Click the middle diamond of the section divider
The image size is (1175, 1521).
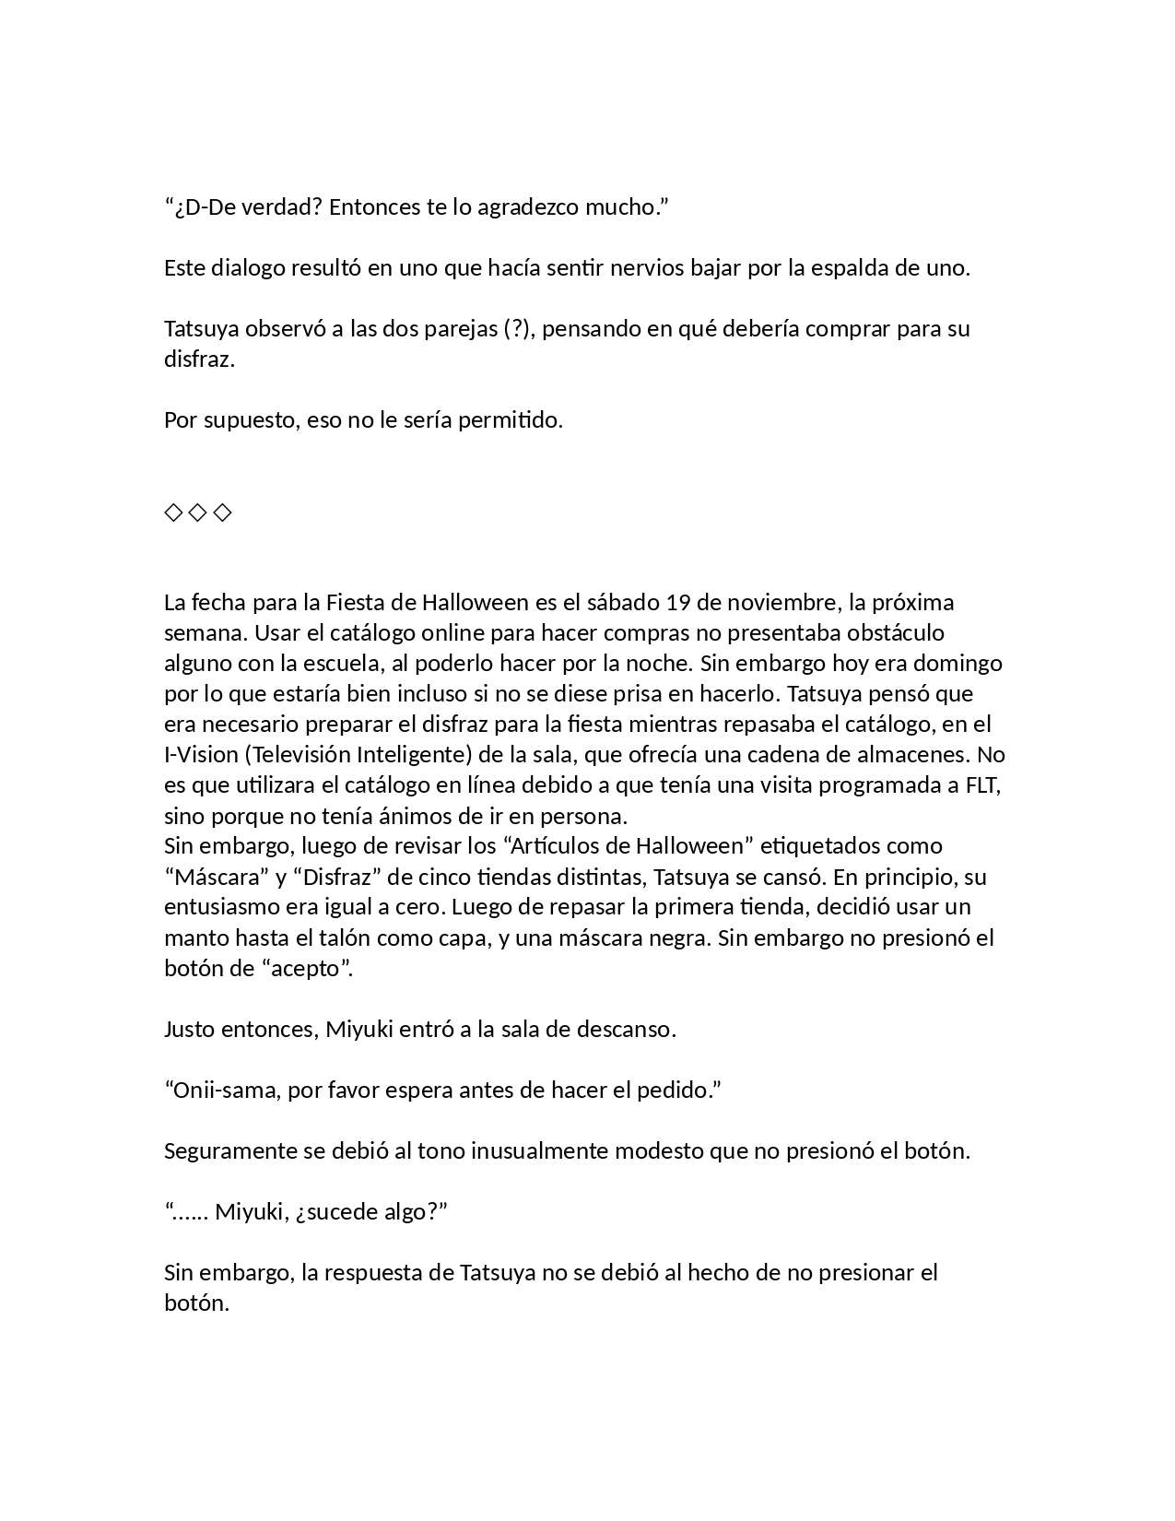coord(197,513)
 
